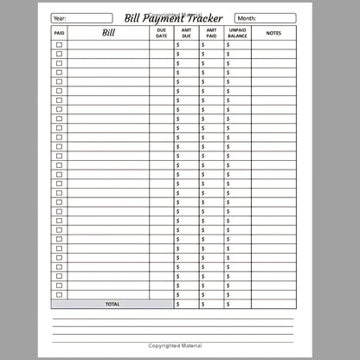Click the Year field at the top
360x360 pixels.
(x=81, y=17)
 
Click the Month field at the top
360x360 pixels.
(x=270, y=17)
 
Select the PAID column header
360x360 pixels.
(x=59, y=34)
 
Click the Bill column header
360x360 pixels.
(x=108, y=34)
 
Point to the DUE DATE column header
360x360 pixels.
(x=161, y=34)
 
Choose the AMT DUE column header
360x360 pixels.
(x=186, y=34)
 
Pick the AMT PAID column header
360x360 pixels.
(x=211, y=34)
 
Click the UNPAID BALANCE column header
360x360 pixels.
(x=237, y=34)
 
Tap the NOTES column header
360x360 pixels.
(x=273, y=34)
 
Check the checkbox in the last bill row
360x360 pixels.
(x=59, y=295)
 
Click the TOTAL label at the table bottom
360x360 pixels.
(x=112, y=305)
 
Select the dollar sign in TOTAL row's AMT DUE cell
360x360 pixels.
(x=177, y=305)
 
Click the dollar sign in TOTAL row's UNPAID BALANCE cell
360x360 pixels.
(x=228, y=305)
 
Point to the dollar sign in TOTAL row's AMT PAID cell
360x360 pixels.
(x=202, y=305)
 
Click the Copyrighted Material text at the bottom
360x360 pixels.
(x=180, y=344)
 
